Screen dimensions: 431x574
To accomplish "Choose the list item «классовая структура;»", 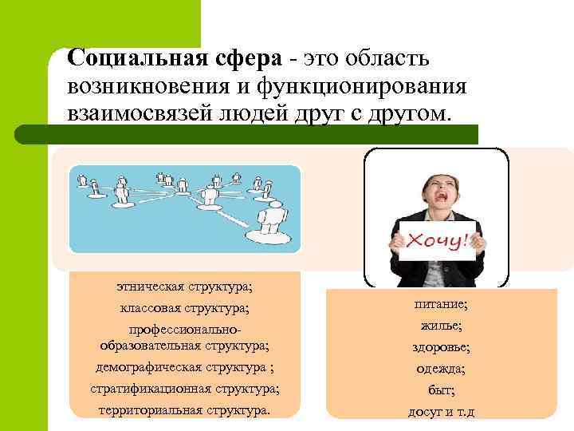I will pos(184,307).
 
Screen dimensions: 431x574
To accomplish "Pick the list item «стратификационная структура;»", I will pos(184,389).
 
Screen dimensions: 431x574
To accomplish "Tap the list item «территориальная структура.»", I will pos(184,411).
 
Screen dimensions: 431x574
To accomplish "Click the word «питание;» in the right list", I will pos(441,304).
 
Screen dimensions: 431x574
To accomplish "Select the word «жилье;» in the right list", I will pos(441,326).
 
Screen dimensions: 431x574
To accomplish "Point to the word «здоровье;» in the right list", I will pos(441,347).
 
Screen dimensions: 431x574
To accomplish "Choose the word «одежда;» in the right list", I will pos(441,369).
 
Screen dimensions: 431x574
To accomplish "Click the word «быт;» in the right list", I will pos(441,390).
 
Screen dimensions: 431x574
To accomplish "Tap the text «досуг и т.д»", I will pos(441,412).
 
